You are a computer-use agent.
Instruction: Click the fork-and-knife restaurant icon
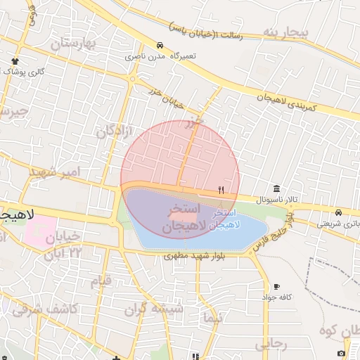(x=221, y=190)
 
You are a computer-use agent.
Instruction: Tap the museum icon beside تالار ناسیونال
(x=276, y=189)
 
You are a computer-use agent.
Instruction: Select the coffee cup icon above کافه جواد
(x=276, y=286)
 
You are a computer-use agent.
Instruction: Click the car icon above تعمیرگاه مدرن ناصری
(x=161, y=45)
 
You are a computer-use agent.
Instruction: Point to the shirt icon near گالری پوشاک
(x=15, y=62)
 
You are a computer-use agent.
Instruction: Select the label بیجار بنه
(x=285, y=32)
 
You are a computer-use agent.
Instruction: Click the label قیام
(x=101, y=281)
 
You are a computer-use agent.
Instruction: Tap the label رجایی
(x=271, y=344)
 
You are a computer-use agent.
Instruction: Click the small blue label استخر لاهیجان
(x=225, y=218)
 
